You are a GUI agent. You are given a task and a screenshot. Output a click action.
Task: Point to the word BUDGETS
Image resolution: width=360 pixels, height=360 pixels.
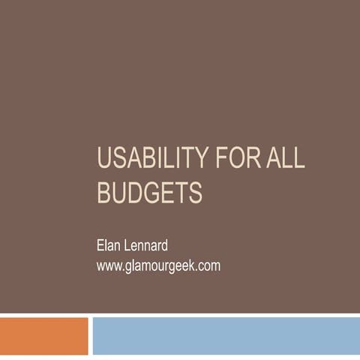(x=150, y=193)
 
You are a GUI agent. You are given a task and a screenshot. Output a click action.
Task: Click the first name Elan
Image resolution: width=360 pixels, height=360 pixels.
(x=111, y=245)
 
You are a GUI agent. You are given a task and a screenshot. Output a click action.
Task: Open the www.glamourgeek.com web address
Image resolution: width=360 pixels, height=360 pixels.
(x=158, y=265)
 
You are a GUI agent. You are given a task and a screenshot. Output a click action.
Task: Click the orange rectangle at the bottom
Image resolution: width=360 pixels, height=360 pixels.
(x=43, y=336)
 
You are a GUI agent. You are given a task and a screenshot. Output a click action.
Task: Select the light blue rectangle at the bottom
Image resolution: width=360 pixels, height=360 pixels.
(x=226, y=336)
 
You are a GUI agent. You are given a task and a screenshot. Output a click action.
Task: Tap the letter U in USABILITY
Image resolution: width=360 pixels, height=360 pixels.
(x=105, y=160)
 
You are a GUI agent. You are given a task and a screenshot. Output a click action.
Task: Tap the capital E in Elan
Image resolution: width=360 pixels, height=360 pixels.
(x=101, y=245)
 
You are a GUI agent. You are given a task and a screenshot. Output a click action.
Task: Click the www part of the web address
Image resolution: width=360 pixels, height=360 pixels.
(x=109, y=265)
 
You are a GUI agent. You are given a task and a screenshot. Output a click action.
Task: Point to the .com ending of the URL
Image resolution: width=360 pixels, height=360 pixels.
(x=208, y=265)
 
